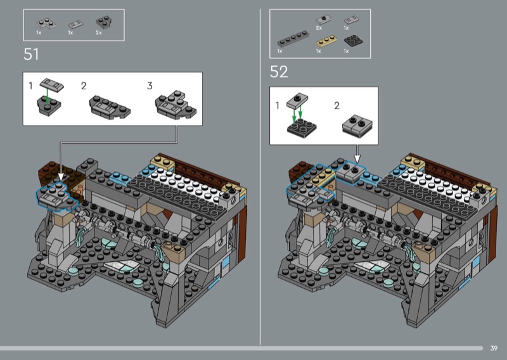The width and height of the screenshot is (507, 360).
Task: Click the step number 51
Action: [31, 55]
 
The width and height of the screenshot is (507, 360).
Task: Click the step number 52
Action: [279, 72]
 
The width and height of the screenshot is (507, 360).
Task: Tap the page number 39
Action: [494, 348]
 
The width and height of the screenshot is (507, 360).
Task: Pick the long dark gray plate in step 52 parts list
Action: [293, 40]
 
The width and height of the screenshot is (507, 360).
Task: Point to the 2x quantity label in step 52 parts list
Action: [319, 28]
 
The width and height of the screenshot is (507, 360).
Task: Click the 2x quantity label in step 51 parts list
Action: [99, 32]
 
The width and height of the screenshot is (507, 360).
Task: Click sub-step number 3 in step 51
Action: [150, 86]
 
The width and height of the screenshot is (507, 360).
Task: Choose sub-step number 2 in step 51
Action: [84, 86]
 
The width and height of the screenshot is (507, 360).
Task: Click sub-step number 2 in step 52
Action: [337, 105]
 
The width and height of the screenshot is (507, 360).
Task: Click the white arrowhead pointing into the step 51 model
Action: [61, 175]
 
